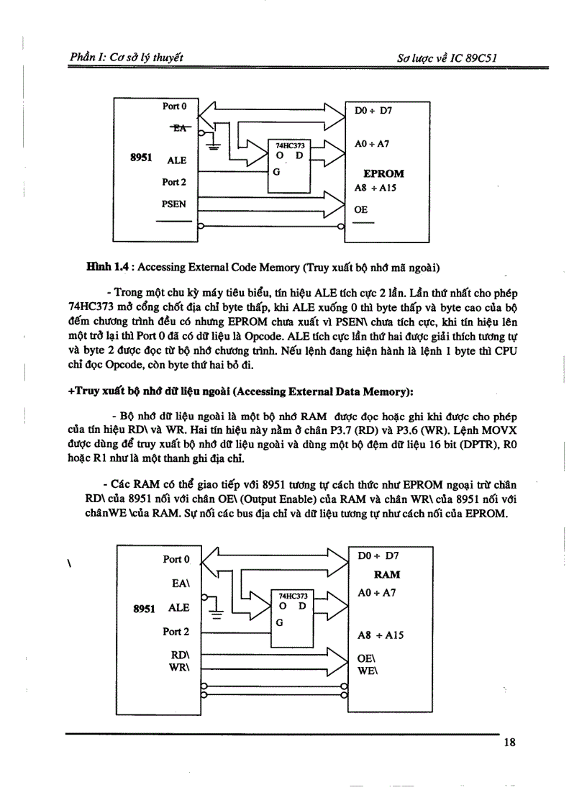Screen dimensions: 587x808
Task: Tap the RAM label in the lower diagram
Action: [x=387, y=574]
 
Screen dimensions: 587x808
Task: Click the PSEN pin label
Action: [x=173, y=204]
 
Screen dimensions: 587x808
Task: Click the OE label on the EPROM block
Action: [x=361, y=209]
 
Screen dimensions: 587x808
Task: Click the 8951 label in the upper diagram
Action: [x=140, y=155]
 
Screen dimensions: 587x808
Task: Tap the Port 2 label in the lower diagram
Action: [x=176, y=631]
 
